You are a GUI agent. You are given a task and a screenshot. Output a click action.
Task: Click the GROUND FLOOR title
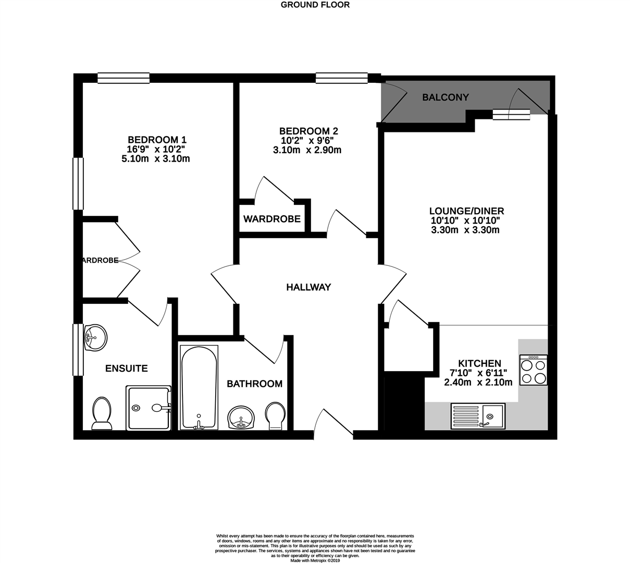click(315, 5)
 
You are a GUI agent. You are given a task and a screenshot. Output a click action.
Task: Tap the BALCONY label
click(446, 97)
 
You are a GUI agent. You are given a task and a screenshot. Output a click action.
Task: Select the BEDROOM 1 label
click(157, 140)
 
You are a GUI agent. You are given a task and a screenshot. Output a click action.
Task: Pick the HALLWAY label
click(308, 287)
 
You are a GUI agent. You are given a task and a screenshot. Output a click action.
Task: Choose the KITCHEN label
click(479, 363)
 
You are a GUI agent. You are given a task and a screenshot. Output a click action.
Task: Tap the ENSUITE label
click(127, 369)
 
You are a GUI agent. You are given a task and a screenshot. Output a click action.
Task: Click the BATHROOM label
click(254, 384)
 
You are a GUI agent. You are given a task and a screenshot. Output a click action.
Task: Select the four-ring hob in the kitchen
click(533, 370)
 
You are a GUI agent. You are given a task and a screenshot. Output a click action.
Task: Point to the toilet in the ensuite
click(102, 414)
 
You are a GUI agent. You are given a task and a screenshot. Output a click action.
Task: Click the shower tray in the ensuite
click(149, 408)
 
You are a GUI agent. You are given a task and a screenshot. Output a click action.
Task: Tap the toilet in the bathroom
click(275, 416)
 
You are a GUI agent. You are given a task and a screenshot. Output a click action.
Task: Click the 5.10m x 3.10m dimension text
click(155, 159)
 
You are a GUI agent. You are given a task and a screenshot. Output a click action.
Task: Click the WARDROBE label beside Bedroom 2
click(272, 219)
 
